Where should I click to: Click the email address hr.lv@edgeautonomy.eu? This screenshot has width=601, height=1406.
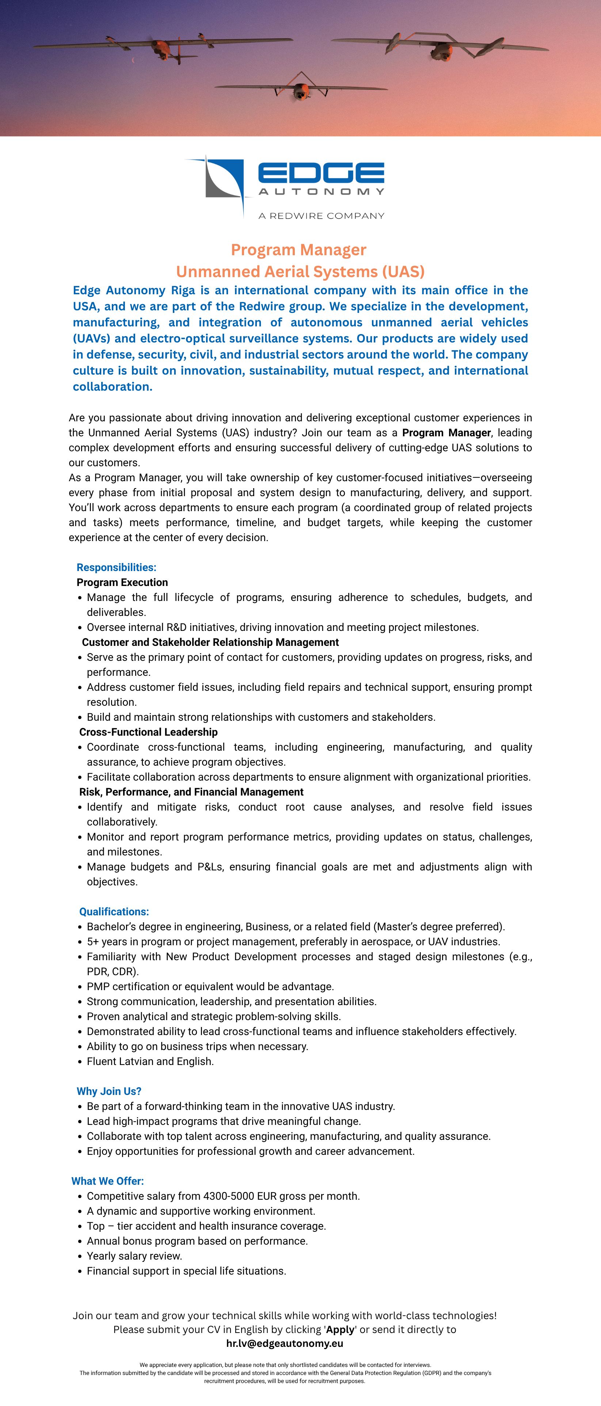pyautogui.click(x=285, y=1343)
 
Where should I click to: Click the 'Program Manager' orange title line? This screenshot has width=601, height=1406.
pyautogui.click(x=298, y=250)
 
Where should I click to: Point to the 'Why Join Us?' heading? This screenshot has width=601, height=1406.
pyautogui.click(x=109, y=1091)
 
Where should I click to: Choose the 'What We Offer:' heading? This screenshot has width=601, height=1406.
pyautogui.click(x=108, y=1181)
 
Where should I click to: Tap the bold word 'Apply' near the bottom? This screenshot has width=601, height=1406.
pyautogui.click(x=340, y=1330)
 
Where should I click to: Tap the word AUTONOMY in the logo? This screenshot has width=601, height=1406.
pyautogui.click(x=321, y=192)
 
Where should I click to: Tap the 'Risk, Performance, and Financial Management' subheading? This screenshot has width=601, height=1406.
pyautogui.click(x=191, y=792)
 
